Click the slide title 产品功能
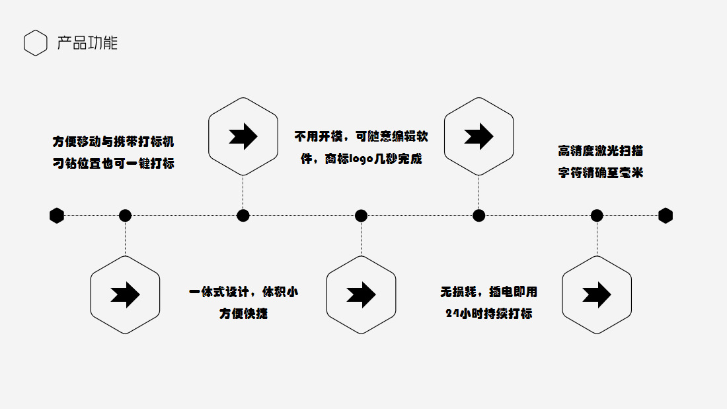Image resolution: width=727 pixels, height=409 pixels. [x=87, y=43]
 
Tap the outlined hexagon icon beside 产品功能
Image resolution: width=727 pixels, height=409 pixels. [x=36, y=43]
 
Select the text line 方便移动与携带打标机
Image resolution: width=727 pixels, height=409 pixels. [x=113, y=142]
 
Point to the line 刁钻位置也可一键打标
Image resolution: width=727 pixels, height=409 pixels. [x=113, y=163]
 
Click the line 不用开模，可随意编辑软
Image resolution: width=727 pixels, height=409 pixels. [x=361, y=136]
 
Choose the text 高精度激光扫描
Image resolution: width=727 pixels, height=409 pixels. [x=600, y=151]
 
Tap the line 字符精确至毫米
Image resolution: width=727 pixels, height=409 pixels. [x=600, y=173]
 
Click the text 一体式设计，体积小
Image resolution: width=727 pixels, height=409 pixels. [x=243, y=292]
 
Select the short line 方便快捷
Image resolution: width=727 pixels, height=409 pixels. [x=243, y=314]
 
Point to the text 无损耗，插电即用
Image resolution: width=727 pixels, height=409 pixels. [x=488, y=292]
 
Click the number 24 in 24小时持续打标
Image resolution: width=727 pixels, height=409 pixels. [x=452, y=314]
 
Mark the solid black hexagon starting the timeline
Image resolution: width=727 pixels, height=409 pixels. [x=57, y=215]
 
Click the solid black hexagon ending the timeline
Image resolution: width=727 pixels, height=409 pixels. [x=666, y=215]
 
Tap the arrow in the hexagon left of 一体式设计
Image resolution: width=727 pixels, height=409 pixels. [x=125, y=295]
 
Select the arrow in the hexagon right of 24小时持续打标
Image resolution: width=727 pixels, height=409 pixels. [x=597, y=295]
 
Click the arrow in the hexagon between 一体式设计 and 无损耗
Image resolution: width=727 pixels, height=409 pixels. [x=361, y=295]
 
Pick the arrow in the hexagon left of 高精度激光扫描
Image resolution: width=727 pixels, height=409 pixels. [x=478, y=136]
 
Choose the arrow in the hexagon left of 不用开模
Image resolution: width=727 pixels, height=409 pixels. [x=243, y=136]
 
